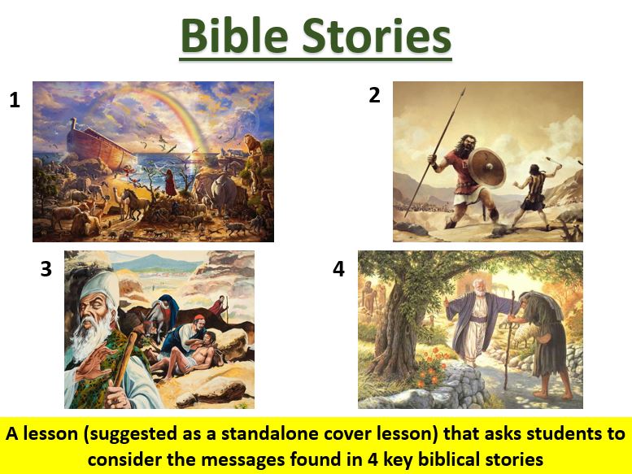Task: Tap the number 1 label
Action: (x=15, y=101)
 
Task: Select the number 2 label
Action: (x=374, y=96)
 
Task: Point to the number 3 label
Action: (x=46, y=269)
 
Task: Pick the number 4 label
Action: (x=339, y=269)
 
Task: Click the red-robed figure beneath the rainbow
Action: (x=171, y=183)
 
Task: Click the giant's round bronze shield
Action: (x=486, y=168)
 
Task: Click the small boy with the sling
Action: (x=533, y=189)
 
